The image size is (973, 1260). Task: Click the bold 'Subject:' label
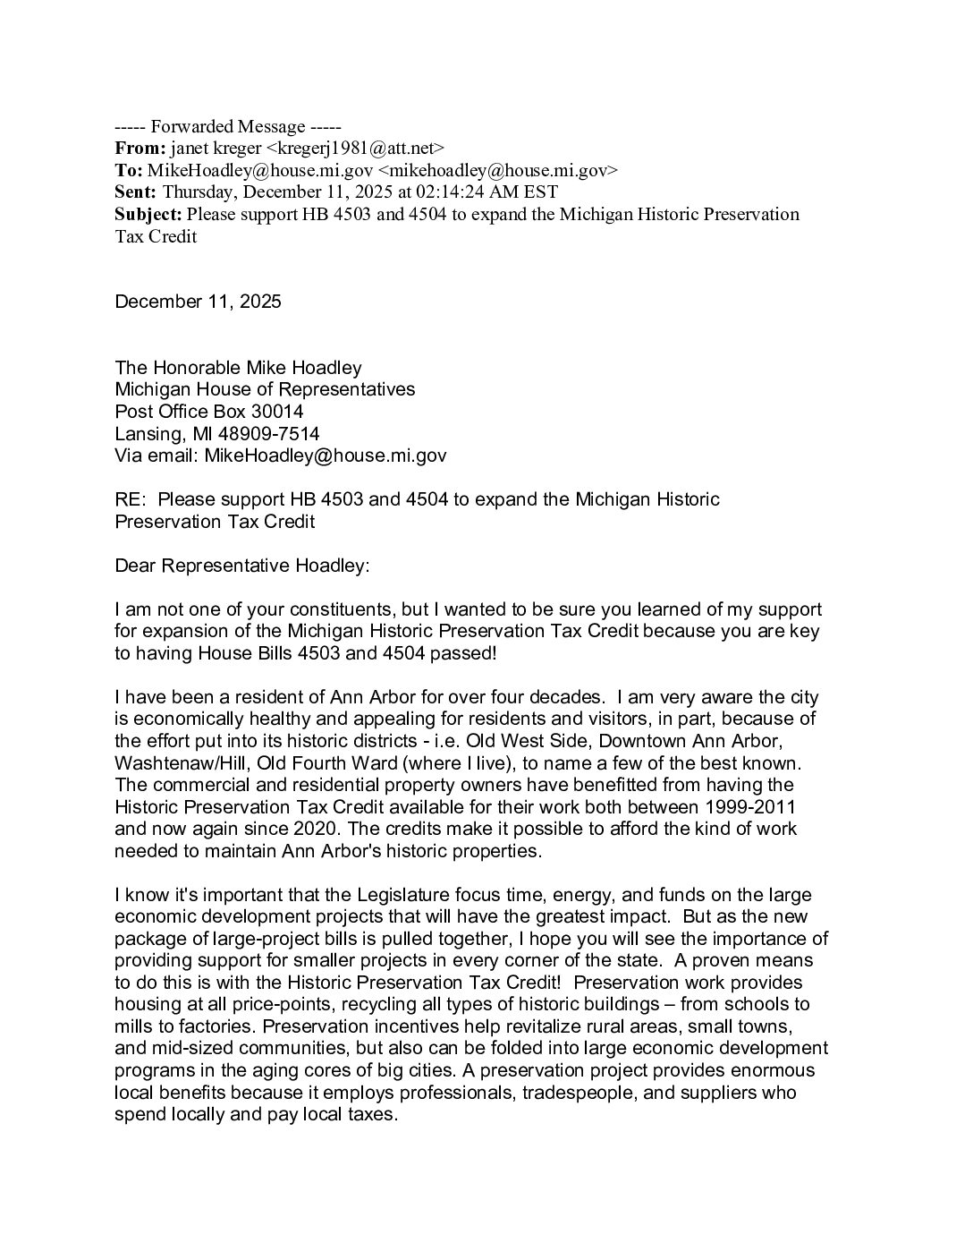(148, 214)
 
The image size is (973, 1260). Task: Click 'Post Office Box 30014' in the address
(209, 412)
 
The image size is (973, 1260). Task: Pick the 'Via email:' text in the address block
(157, 455)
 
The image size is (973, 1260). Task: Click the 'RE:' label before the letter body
(131, 499)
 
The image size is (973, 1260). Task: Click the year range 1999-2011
(750, 806)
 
